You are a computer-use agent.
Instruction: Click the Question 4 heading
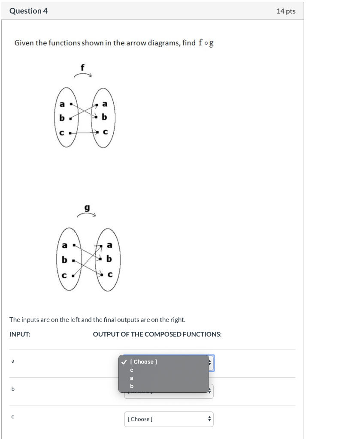[x=28, y=11]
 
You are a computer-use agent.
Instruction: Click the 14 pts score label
[x=286, y=11]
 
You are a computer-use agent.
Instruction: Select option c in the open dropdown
[x=132, y=370]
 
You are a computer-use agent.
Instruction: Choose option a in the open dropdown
[x=132, y=378]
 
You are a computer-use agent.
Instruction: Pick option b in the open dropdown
[x=132, y=386]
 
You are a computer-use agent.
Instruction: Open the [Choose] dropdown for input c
[x=169, y=419]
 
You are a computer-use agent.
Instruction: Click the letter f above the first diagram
[x=83, y=67]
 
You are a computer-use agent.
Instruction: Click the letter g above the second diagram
[x=87, y=208]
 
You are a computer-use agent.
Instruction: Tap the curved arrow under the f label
[x=83, y=75]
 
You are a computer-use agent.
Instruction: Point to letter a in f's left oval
[x=62, y=104]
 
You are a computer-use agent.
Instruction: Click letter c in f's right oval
[x=105, y=132]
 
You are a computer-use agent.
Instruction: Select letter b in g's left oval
[x=64, y=260]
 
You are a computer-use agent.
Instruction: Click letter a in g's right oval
[x=109, y=245]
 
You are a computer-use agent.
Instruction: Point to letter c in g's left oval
[x=64, y=275]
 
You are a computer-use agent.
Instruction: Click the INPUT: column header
[x=20, y=334]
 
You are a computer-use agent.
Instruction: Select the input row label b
[x=13, y=389]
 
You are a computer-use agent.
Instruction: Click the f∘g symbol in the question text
[x=206, y=43]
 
